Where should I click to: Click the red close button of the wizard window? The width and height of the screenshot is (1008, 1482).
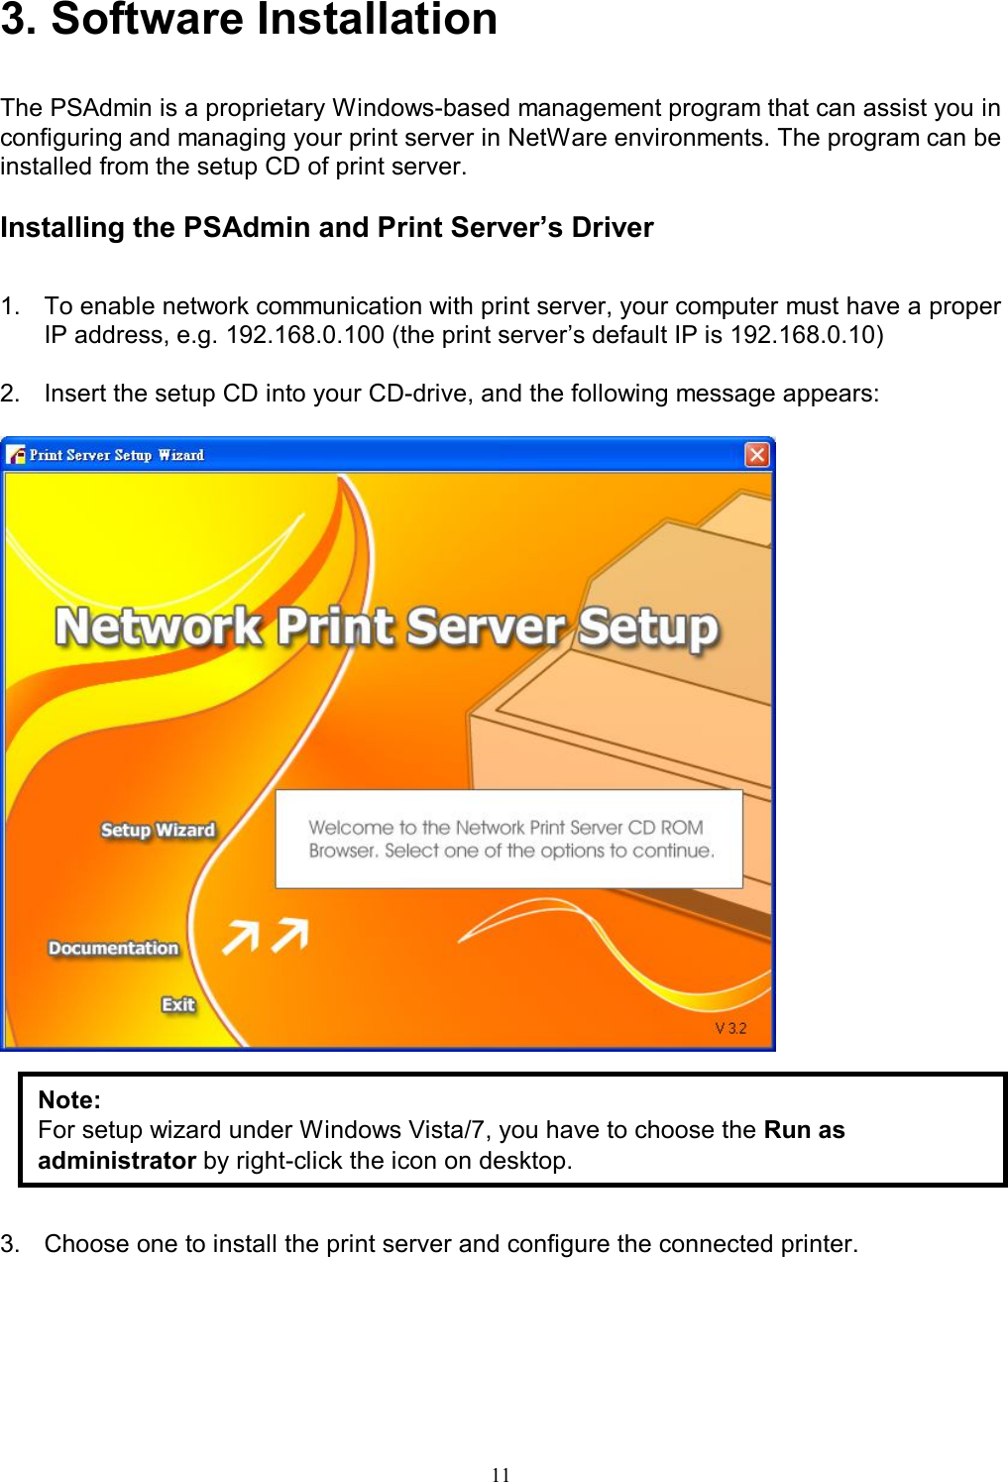pyautogui.click(x=757, y=455)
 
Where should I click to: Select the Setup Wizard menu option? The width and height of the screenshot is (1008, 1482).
pyautogui.click(x=158, y=830)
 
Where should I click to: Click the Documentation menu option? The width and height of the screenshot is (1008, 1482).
pyautogui.click(x=113, y=948)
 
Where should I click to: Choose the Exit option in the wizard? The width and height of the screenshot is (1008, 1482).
pyautogui.click(x=178, y=1004)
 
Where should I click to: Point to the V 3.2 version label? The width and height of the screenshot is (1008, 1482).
pyautogui.click(x=730, y=1028)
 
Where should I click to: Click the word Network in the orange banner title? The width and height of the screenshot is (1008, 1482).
pyautogui.click(x=159, y=627)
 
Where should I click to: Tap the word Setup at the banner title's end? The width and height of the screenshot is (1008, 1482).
pyautogui.click(x=648, y=627)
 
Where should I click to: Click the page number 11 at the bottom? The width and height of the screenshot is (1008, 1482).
pyautogui.click(x=501, y=1474)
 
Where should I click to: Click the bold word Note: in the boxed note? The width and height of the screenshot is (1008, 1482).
pyautogui.click(x=69, y=1100)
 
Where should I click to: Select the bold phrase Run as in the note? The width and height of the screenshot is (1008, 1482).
pyautogui.click(x=804, y=1130)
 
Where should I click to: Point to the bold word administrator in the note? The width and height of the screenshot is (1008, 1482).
pyautogui.click(x=117, y=1161)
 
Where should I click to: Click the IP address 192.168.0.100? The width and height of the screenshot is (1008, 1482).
pyautogui.click(x=304, y=335)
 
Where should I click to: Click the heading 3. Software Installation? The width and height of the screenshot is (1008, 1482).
pyautogui.click(x=249, y=20)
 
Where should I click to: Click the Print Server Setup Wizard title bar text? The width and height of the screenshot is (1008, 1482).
pyautogui.click(x=116, y=455)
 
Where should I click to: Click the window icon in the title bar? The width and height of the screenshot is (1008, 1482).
pyautogui.click(x=16, y=455)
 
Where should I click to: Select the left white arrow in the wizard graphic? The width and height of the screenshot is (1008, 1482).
pyautogui.click(x=241, y=936)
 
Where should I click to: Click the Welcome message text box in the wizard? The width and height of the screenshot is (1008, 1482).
pyautogui.click(x=509, y=839)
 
